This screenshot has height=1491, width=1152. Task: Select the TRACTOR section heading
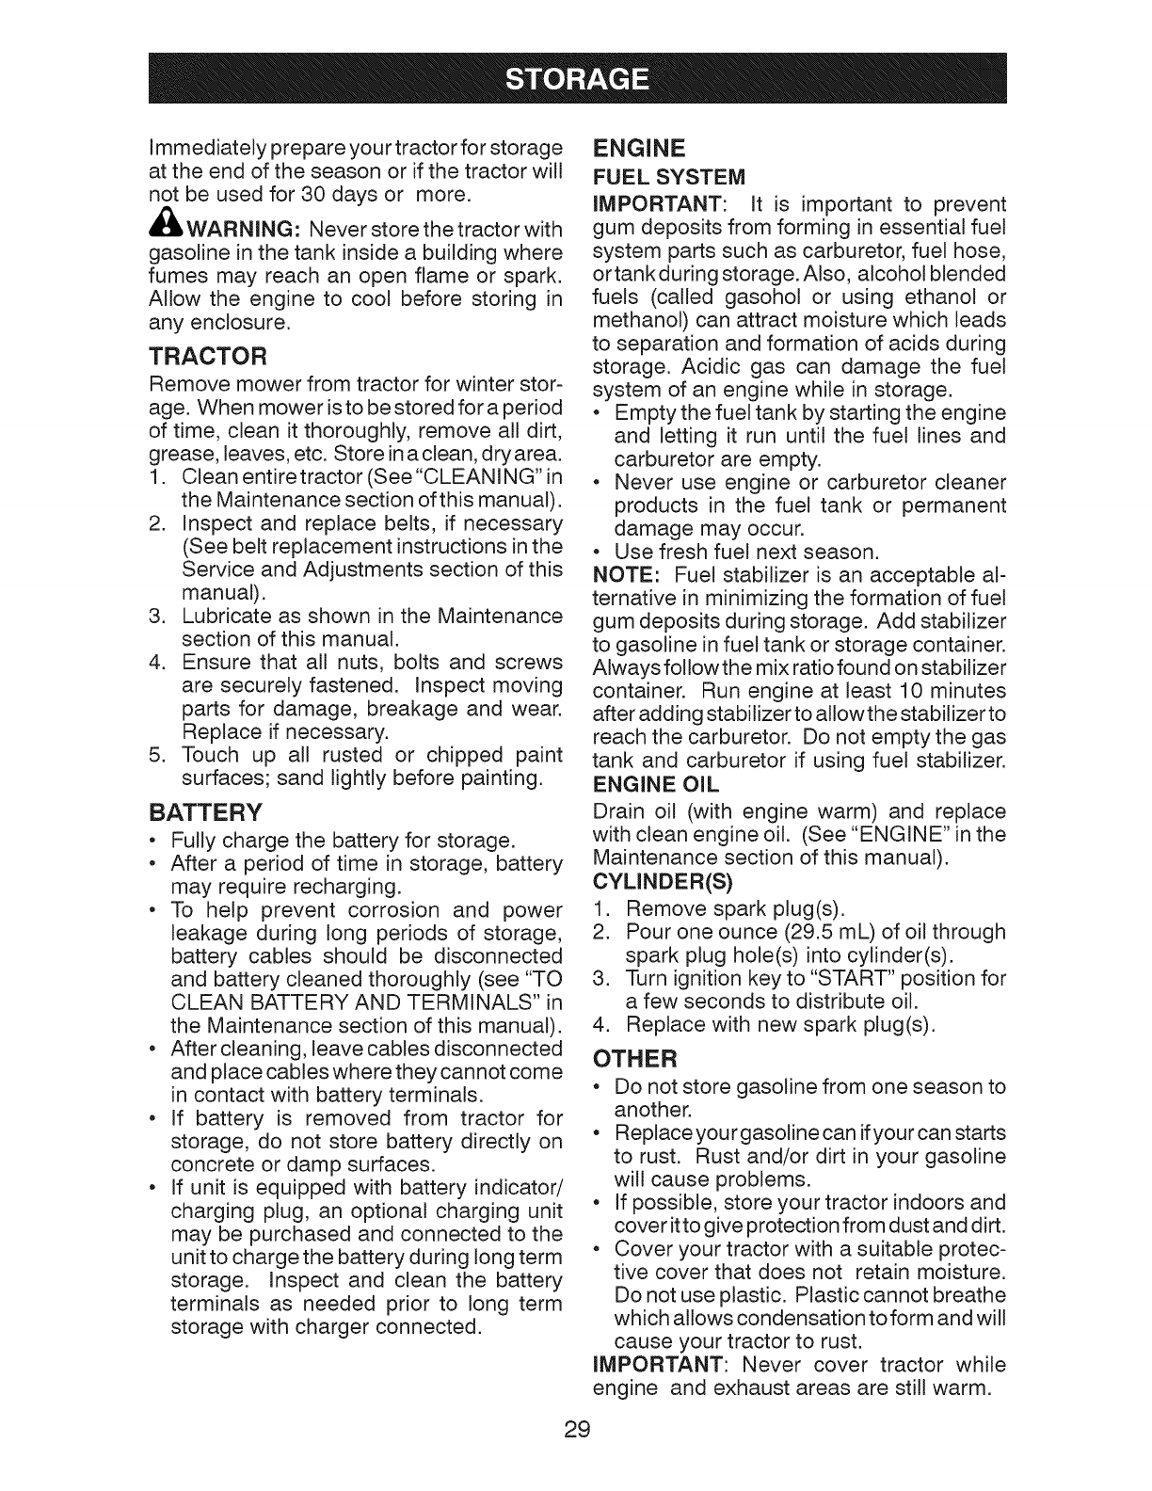pyautogui.click(x=209, y=356)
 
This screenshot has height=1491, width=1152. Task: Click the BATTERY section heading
pyautogui.click(x=205, y=812)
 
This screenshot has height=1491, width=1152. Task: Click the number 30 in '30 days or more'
pyautogui.click(x=298, y=196)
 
